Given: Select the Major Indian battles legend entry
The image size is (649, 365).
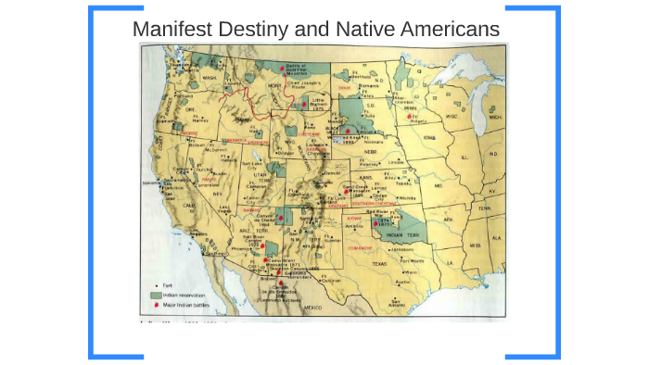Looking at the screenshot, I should [183, 303].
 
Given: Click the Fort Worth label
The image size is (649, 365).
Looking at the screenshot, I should [408, 259].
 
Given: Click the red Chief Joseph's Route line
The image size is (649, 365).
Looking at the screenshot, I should [243, 94].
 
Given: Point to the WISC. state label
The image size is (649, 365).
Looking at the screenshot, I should [452, 117].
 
